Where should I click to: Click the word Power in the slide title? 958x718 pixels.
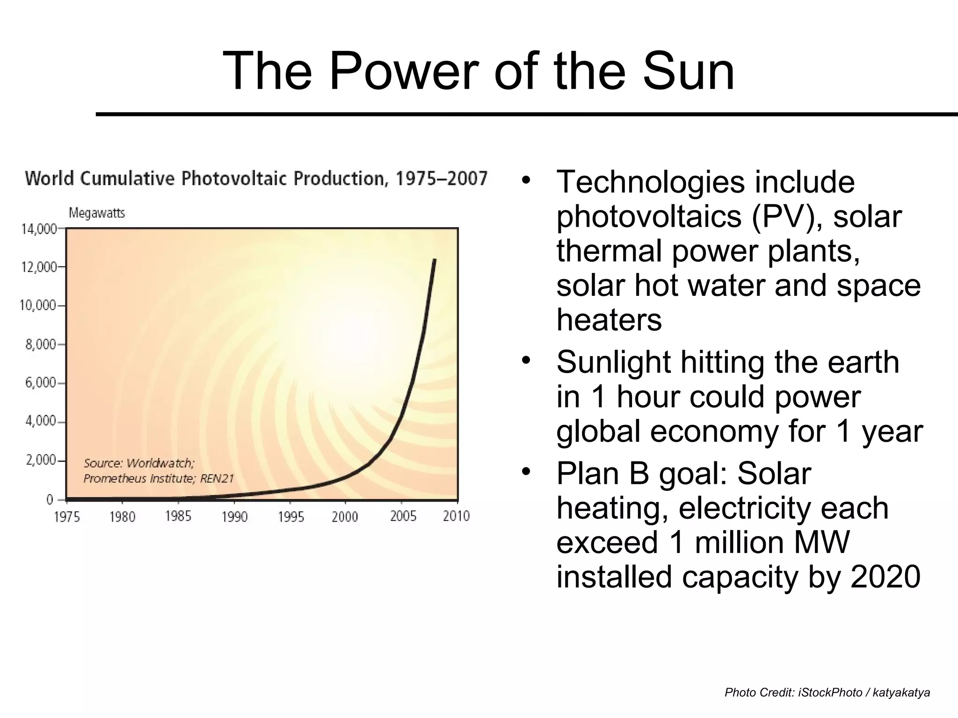(x=403, y=72)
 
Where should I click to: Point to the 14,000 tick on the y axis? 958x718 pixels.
(x=38, y=229)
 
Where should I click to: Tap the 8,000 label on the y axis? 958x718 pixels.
(x=40, y=345)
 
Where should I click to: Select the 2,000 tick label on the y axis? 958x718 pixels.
(x=40, y=460)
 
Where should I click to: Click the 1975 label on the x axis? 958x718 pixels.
(x=67, y=517)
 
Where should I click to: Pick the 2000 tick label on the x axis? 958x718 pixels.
(x=345, y=517)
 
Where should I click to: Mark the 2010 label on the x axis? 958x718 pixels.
(x=456, y=516)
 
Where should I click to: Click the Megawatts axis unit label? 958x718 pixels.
(x=97, y=213)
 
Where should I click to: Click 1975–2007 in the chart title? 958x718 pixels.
(x=441, y=179)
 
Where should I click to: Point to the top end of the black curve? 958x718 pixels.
(x=435, y=260)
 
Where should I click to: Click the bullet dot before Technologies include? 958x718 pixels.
(x=526, y=180)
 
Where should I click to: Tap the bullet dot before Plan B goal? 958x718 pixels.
(x=526, y=472)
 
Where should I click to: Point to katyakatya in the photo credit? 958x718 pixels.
(x=901, y=692)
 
